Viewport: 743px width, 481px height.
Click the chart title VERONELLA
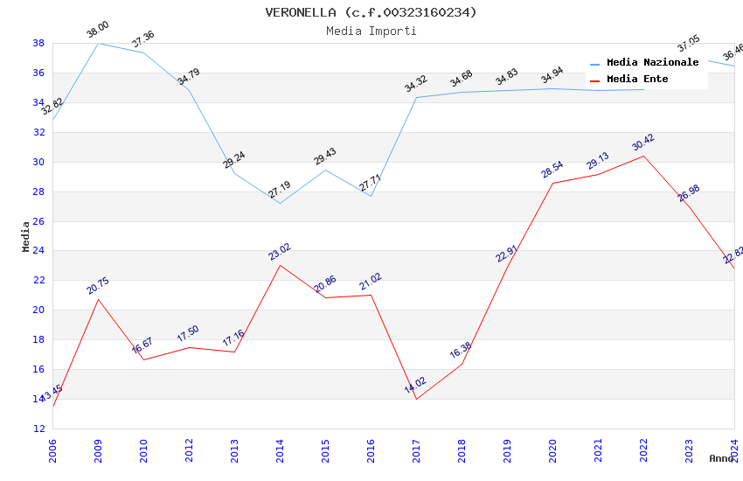click(371, 12)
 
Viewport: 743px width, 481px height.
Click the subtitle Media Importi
click(371, 31)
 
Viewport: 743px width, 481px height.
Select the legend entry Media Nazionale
click(652, 62)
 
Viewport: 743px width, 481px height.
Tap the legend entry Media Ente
click(637, 79)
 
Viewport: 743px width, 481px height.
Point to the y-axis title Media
click(26, 236)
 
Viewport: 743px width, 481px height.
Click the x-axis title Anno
click(721, 457)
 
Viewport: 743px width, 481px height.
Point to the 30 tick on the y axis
click(39, 162)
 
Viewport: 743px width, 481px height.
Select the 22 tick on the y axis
click(39, 281)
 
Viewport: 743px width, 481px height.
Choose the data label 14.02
click(415, 386)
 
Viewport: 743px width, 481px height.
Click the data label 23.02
click(280, 253)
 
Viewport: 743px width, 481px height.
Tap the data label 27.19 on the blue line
click(280, 190)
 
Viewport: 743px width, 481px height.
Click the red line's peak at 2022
click(643, 156)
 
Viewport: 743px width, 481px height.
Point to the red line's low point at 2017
click(416, 399)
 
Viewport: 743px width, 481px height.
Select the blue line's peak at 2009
click(98, 43)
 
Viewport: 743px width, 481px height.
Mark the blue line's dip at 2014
click(280, 203)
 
